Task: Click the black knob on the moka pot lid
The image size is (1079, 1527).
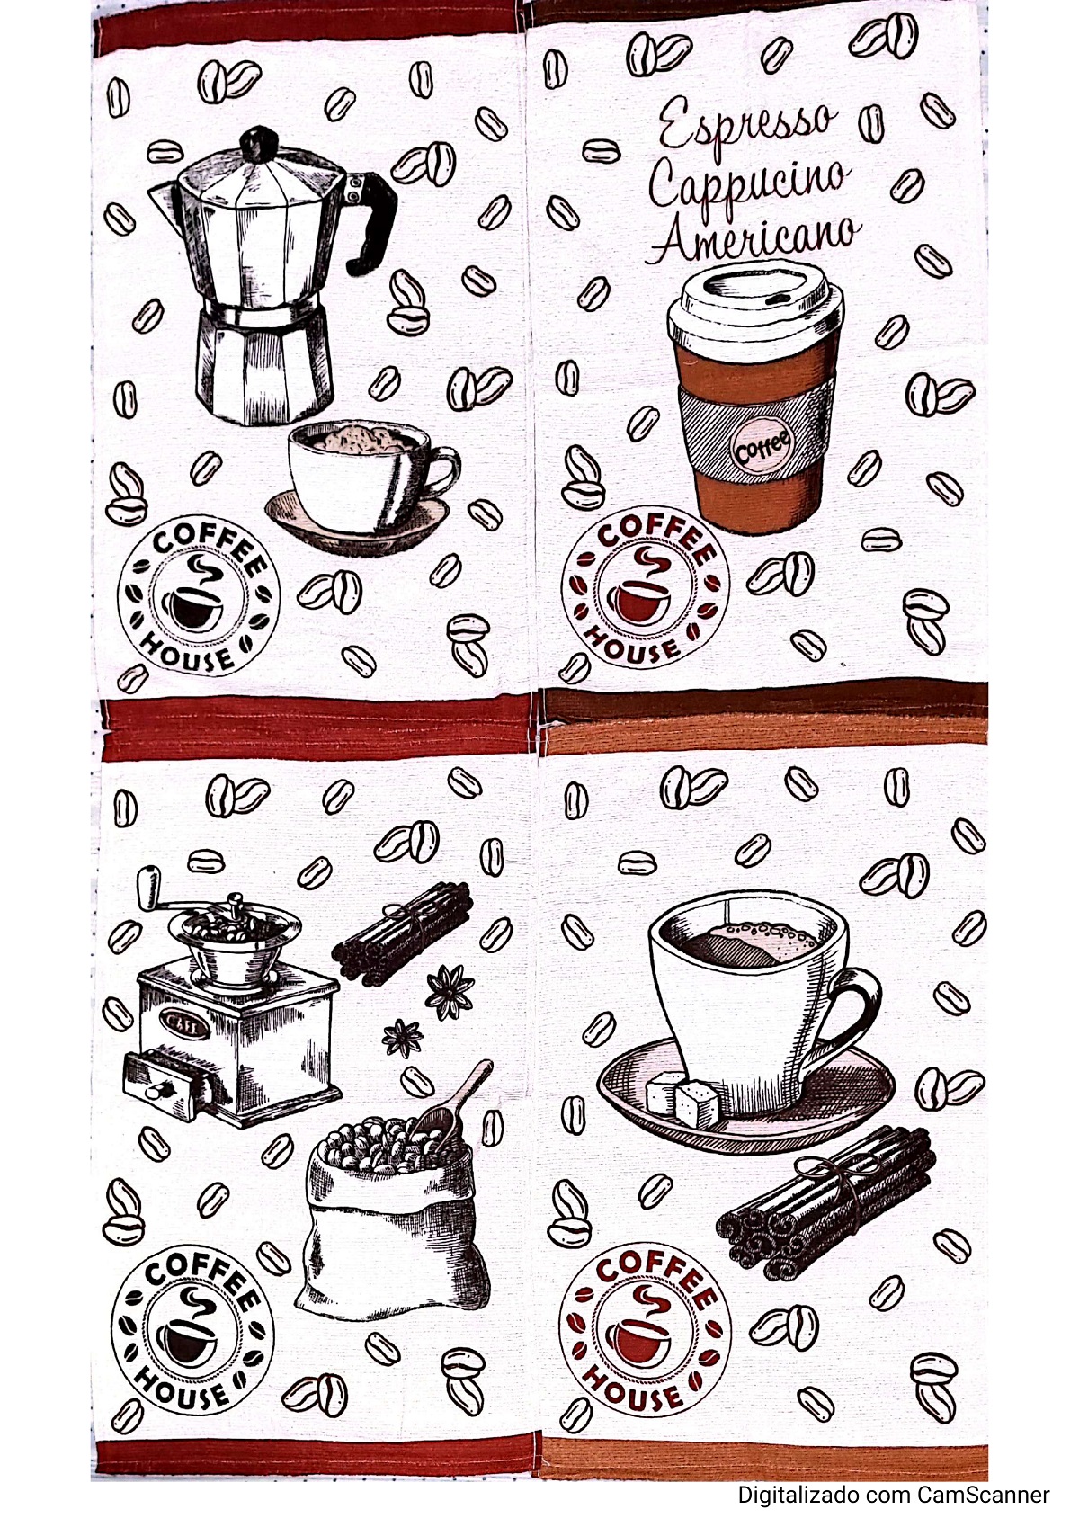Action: coord(258,142)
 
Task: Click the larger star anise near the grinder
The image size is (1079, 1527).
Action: coord(450,993)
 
